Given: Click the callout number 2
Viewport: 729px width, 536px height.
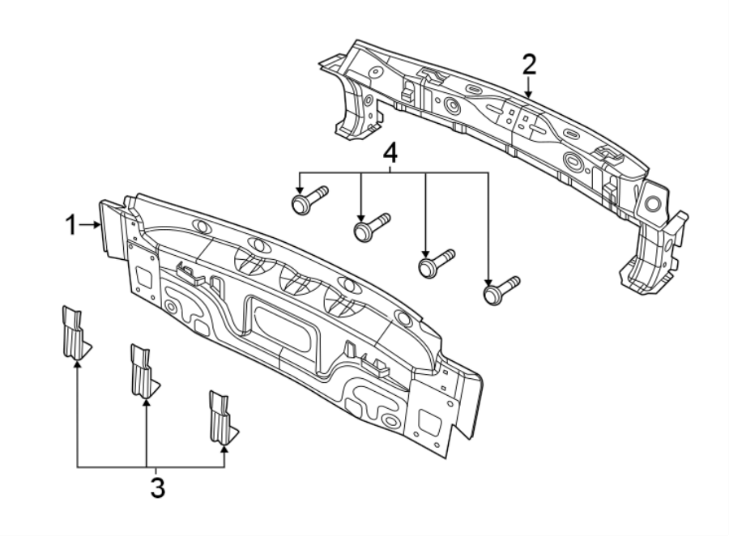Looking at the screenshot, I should [529, 63].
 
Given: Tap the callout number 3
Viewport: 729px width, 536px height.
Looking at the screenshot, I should [157, 487].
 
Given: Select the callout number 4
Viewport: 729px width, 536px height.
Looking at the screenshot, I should [391, 152].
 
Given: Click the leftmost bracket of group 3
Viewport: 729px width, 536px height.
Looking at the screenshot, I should [75, 332].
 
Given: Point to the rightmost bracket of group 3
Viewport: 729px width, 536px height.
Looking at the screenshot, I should [220, 418].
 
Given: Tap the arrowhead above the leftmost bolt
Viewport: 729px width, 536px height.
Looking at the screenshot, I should [300, 186].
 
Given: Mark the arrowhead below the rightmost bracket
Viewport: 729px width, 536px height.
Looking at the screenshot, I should [224, 448].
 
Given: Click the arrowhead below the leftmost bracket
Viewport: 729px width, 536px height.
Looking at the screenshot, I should [77, 364].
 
